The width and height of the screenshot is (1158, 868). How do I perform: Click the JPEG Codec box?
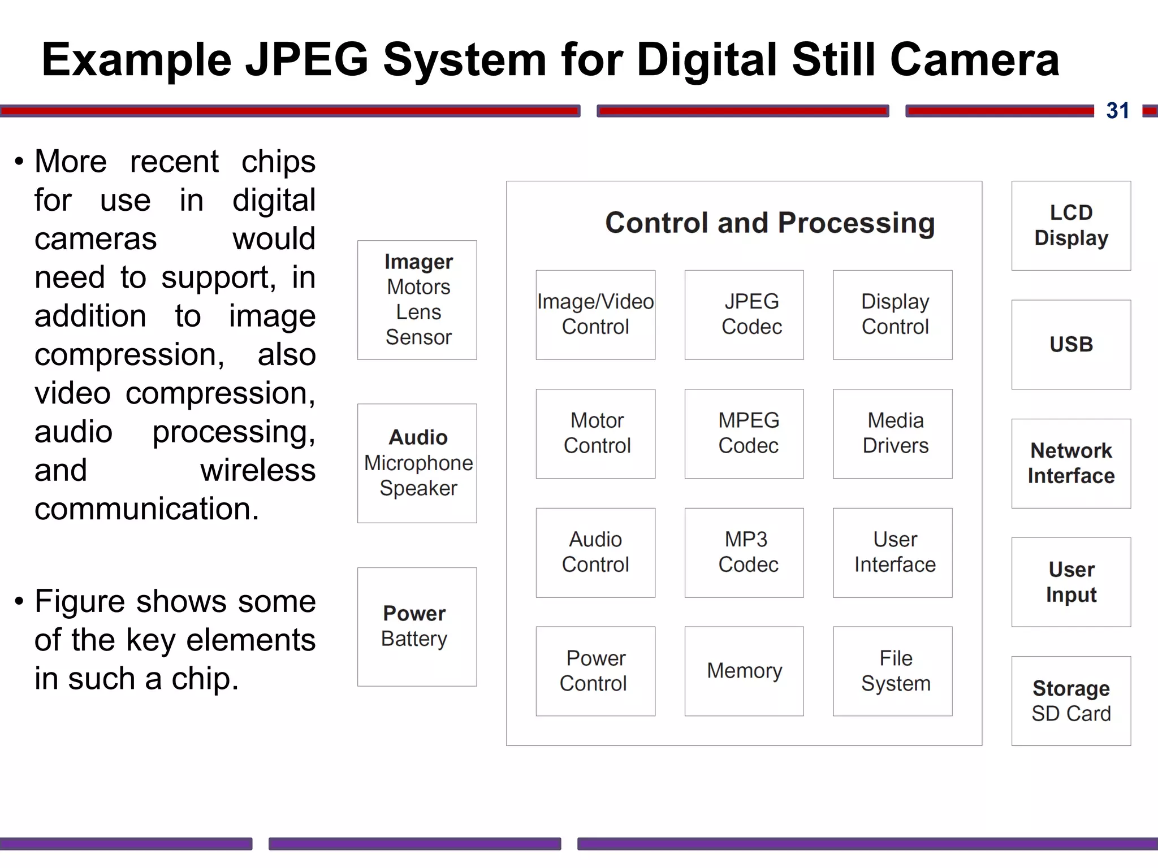pyautogui.click(x=744, y=315)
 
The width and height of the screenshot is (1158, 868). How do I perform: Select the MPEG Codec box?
pyautogui.click(x=744, y=433)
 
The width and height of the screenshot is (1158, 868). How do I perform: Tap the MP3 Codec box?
pyautogui.click(x=744, y=552)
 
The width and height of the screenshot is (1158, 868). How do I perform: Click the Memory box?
pyautogui.click(x=744, y=671)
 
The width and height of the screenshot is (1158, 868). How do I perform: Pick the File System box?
pyautogui.click(x=892, y=671)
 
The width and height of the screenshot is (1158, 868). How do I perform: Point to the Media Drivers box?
pyautogui.click(x=892, y=433)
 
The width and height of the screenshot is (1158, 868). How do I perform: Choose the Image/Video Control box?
pyautogui.click(x=595, y=315)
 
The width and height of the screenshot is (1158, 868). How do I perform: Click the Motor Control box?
pyautogui.click(x=595, y=433)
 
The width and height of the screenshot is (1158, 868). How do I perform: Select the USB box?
pyautogui.click(x=1071, y=344)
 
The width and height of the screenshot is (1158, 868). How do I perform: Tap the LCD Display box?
pyautogui.click(x=1071, y=225)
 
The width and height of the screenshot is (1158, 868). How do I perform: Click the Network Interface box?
pyautogui.click(x=1071, y=463)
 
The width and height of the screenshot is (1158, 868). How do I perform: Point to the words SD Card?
pyautogui.click(x=1071, y=714)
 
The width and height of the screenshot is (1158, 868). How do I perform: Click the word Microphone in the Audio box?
pyautogui.click(x=418, y=463)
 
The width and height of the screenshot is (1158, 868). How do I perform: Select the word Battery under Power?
pyautogui.click(x=414, y=639)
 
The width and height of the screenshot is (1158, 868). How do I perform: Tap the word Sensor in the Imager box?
pyautogui.click(x=418, y=337)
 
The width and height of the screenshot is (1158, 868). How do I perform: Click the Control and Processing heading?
pyautogui.click(x=770, y=223)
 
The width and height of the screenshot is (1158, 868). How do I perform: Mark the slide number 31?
pyautogui.click(x=1117, y=111)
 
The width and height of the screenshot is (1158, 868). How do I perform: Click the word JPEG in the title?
pyautogui.click(x=307, y=60)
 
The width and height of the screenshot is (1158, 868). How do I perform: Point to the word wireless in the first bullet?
pyautogui.click(x=258, y=470)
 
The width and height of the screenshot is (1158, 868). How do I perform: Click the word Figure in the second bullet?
pyautogui.click(x=81, y=601)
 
